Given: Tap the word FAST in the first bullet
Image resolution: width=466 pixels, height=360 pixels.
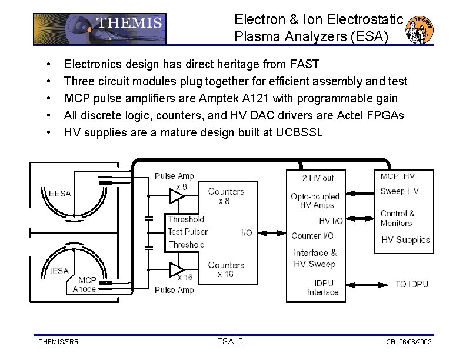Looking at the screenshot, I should tap(304, 64).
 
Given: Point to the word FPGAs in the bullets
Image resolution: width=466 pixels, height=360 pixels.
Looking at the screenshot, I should tap(387, 115).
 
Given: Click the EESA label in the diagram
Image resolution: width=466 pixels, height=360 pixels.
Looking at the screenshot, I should tap(59, 194).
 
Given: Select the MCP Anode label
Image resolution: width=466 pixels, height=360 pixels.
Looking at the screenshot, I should tap(85, 284).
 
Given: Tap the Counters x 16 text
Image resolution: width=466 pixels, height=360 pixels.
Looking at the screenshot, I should tap(226, 269).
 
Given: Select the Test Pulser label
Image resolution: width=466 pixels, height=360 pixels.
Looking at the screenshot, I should tap(188, 232).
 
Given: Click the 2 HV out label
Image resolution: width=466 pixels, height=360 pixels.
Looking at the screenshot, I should tap(318, 178).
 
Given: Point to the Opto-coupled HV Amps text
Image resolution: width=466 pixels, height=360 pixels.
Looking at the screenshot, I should tap(316, 201).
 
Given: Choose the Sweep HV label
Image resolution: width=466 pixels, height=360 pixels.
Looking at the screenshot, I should tap(400, 191).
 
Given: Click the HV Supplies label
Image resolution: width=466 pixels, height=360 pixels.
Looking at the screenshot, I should tap(405, 240).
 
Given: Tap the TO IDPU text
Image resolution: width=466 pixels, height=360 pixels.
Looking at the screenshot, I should tap(412, 284).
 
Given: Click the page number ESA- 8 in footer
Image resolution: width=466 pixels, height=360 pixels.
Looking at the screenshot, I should tap(230, 341).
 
